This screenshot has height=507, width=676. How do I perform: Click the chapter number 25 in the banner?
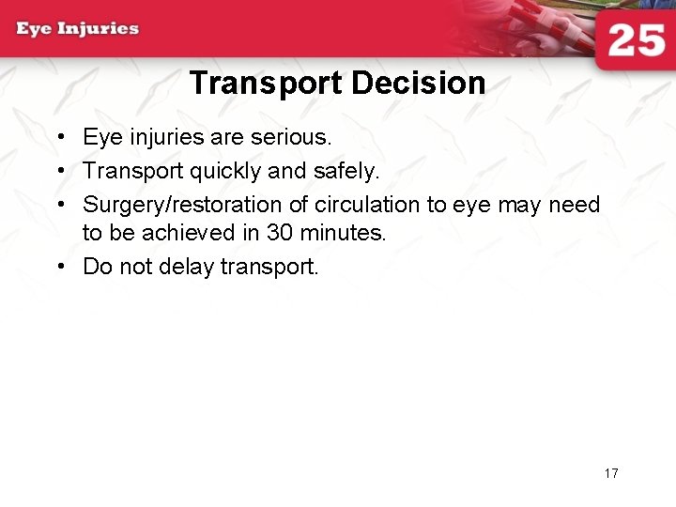tap(637, 41)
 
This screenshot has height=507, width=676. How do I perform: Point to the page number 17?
tap(611, 473)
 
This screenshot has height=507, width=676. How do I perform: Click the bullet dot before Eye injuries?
tap(59, 138)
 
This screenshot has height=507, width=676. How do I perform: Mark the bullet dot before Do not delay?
tap(59, 268)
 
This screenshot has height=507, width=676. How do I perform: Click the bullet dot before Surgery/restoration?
tap(59, 206)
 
